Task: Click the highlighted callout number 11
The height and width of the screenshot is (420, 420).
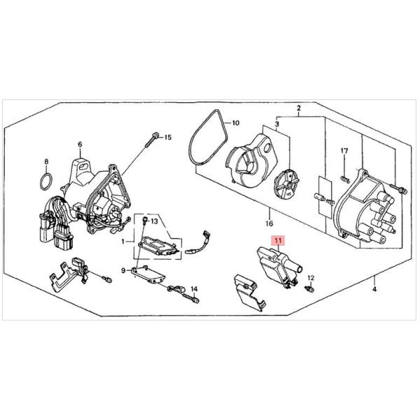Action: (279, 241)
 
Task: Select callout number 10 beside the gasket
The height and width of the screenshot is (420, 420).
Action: (235, 123)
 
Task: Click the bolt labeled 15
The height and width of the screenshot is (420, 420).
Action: (151, 140)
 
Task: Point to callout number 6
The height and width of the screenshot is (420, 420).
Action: (80, 145)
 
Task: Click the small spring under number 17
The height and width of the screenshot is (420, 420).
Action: (344, 179)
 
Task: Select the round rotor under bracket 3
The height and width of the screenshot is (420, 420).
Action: (287, 185)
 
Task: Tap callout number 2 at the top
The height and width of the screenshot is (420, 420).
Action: (299, 108)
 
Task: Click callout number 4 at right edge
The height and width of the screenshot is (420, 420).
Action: (374, 289)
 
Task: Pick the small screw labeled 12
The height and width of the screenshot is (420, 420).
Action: (309, 289)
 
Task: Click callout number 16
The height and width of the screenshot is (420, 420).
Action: (269, 223)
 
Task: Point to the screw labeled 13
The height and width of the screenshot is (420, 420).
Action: (145, 220)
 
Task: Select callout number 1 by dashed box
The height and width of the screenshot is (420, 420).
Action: (123, 241)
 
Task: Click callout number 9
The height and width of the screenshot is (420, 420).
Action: (123, 270)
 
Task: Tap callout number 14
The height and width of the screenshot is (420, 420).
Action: (194, 289)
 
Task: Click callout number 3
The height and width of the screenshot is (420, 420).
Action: (277, 124)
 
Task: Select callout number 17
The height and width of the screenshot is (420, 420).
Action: (344, 151)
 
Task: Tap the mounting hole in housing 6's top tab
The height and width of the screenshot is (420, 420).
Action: (83, 167)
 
